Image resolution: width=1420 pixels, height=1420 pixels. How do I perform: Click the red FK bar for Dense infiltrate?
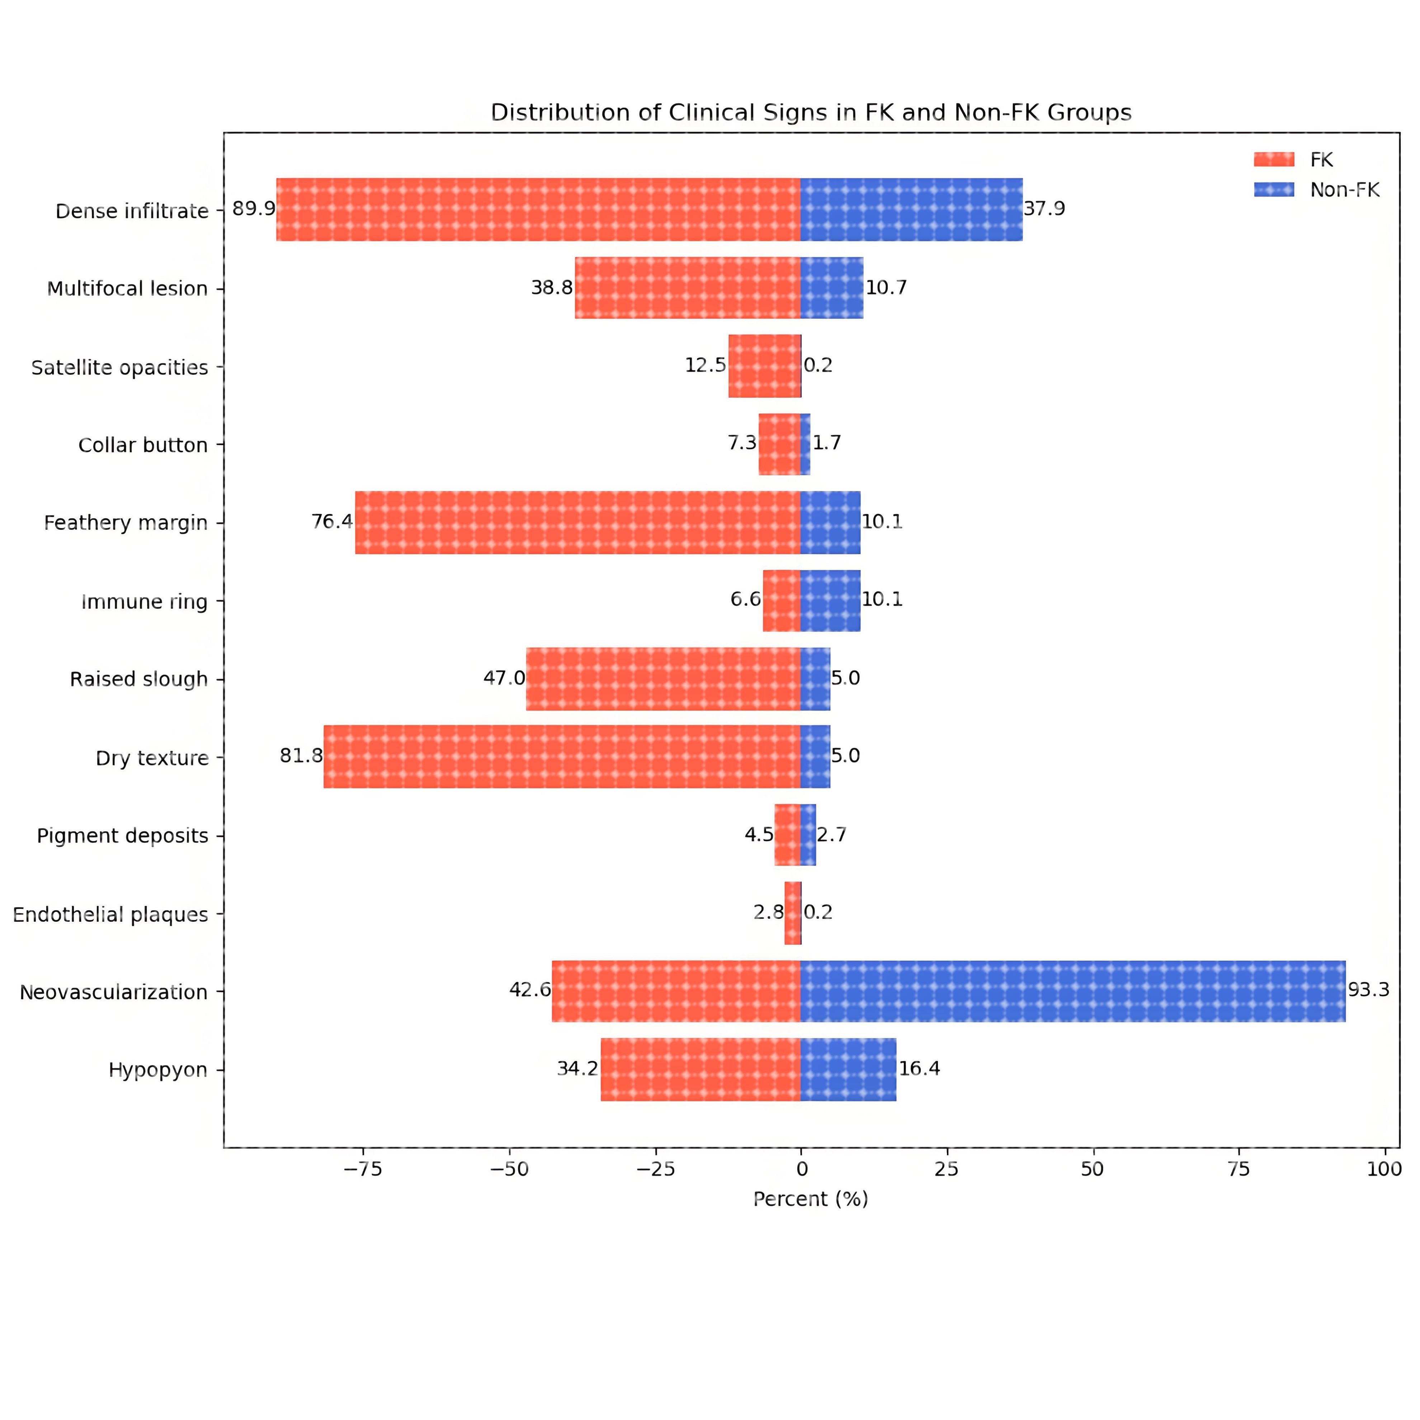(x=538, y=209)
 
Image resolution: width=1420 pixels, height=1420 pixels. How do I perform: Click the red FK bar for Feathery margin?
(x=578, y=523)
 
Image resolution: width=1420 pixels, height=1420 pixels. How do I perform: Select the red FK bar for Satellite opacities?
(x=764, y=366)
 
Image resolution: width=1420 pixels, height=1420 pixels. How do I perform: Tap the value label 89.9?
(x=254, y=209)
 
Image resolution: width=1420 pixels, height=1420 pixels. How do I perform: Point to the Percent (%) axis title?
(x=811, y=1199)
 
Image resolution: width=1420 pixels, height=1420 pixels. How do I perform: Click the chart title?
(x=811, y=113)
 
